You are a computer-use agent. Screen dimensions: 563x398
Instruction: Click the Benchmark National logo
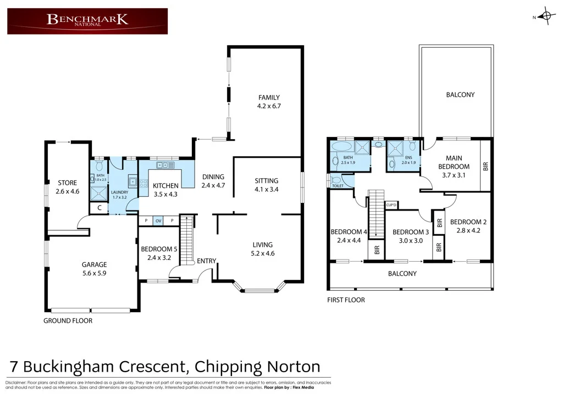coord(87,21)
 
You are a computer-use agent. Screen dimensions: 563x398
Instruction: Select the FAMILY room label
coord(269,98)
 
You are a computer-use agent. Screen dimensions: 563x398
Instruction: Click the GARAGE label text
coord(94,264)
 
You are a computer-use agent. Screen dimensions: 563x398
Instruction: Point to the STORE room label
coord(67,183)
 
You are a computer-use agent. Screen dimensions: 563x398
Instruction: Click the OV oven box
coord(158,220)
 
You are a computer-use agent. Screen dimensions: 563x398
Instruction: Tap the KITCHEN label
coord(165,185)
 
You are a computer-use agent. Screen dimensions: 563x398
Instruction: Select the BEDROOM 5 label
coord(159,248)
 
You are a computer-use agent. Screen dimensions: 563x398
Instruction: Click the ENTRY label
coord(207,261)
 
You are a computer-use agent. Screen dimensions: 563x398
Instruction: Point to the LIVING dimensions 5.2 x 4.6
coord(262,253)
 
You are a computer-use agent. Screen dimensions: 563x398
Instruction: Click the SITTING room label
coord(267,180)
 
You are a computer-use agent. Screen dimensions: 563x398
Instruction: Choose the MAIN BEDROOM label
coord(454,163)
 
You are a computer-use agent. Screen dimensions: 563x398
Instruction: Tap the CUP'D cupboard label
coord(392,205)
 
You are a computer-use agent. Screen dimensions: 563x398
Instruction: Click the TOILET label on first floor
coord(338,186)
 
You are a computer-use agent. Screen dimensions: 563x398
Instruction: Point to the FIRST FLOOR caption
coord(346,300)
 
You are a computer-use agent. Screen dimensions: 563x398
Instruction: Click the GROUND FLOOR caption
coord(68,320)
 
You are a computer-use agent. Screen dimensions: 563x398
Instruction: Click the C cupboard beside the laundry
coord(99,208)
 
